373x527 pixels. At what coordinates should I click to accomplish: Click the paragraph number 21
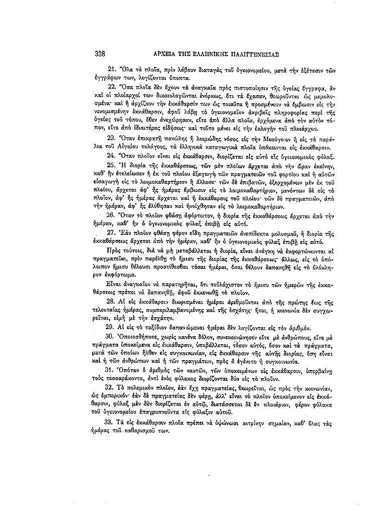[x=112, y=68]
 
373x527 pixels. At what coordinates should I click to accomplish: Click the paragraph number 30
[x=112, y=335]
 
